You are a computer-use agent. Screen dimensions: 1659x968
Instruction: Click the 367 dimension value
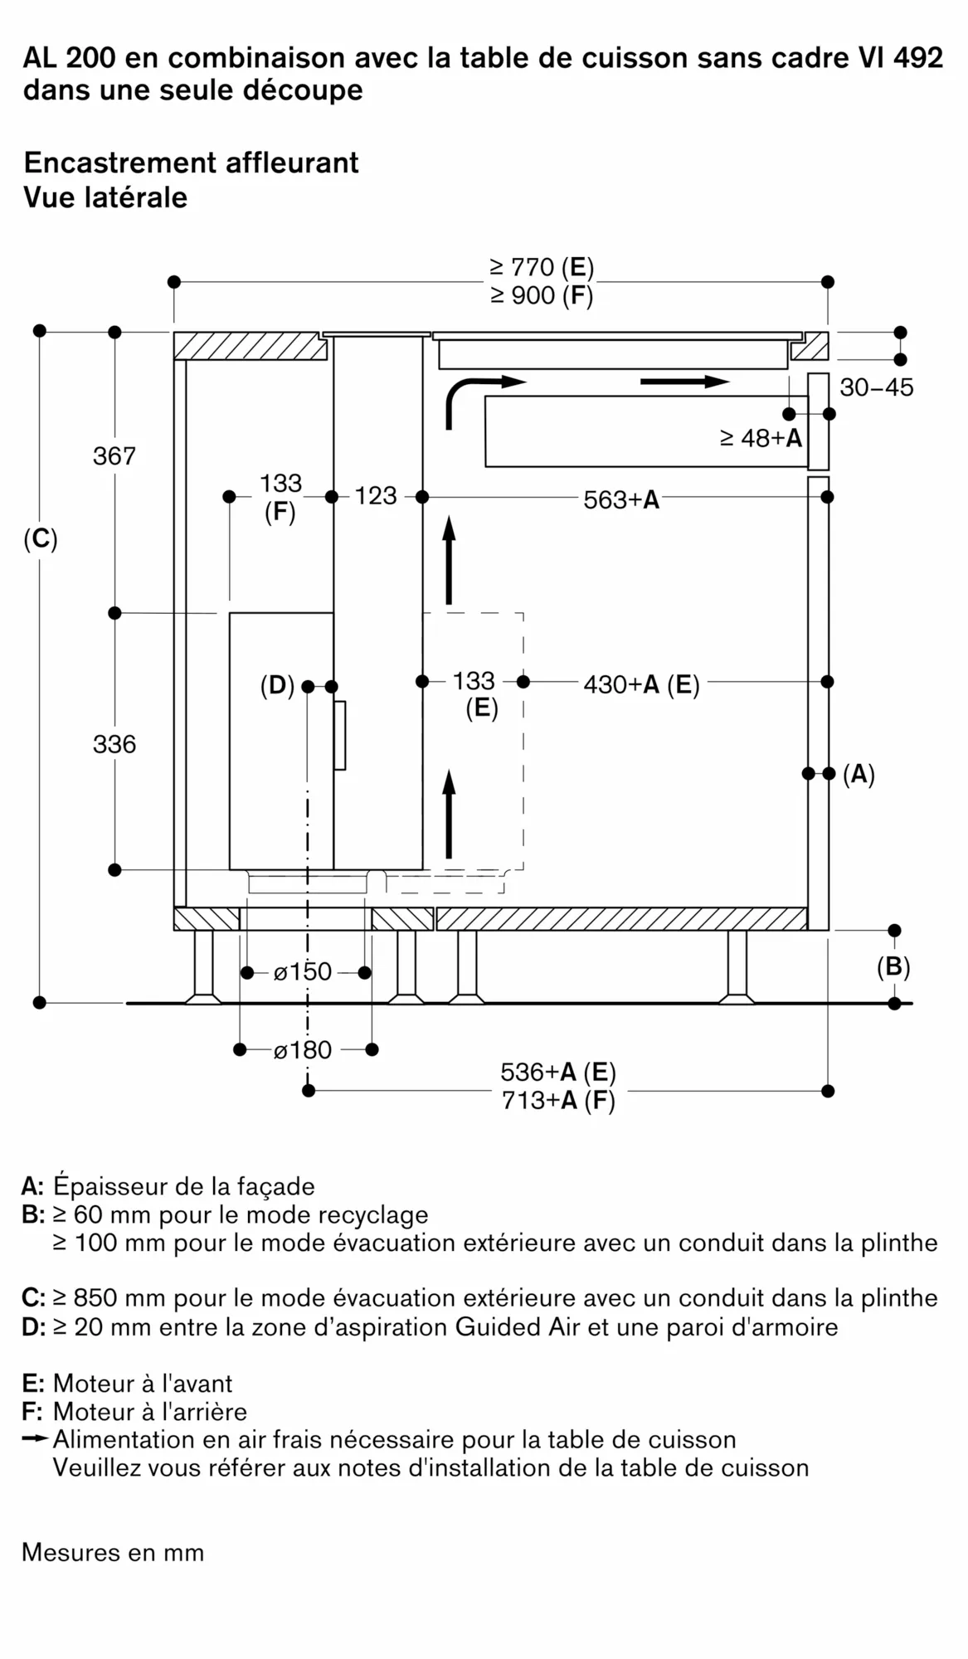coord(114,456)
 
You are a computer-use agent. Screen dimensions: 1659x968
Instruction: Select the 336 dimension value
coord(114,744)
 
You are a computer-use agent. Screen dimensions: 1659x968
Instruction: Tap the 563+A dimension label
coord(621,499)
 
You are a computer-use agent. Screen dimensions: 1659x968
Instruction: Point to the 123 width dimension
coord(376,496)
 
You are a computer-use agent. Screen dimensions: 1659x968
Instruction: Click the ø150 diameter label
coord(303,971)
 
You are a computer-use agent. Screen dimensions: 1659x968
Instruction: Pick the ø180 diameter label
coord(303,1050)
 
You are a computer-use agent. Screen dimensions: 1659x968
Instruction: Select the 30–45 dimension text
coord(876,387)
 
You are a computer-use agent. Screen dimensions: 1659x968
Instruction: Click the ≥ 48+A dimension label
coord(761,438)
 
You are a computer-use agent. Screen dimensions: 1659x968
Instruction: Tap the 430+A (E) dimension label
coord(641,684)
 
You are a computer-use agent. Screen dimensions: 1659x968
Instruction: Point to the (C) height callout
coord(41,540)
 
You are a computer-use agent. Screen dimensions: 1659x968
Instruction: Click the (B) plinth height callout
coord(893,967)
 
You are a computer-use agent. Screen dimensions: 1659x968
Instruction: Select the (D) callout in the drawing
coord(277,686)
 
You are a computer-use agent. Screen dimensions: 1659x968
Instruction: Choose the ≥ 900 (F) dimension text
coord(542,295)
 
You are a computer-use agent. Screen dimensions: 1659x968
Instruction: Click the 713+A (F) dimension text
coord(558,1101)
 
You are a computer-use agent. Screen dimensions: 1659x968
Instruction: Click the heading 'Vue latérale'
coord(105,197)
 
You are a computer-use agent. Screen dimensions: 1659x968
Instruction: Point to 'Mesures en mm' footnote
coord(113,1552)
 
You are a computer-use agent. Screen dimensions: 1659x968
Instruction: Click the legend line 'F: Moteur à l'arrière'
coord(134,1411)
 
